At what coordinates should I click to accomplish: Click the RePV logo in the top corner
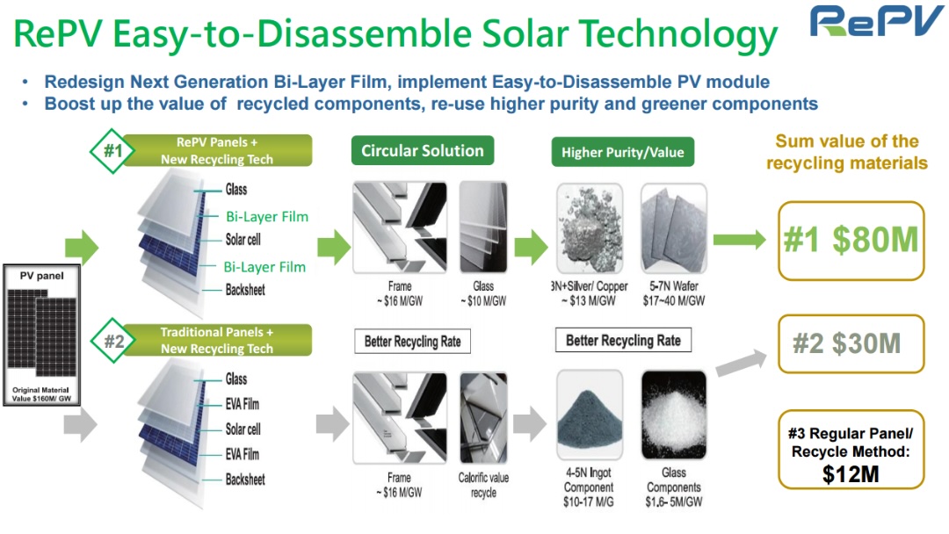pos(877,23)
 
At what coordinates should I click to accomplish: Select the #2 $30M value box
pos(850,343)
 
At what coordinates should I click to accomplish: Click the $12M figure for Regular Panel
pos(851,474)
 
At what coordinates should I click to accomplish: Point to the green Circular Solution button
pos(422,150)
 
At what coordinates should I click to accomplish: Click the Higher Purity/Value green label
pos(622,152)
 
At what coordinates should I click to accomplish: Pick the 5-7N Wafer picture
pos(673,227)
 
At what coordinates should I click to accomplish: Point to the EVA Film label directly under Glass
pos(243,405)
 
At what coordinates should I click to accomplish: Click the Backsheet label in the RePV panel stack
pos(245,290)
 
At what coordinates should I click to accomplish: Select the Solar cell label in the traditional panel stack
pos(243,429)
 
